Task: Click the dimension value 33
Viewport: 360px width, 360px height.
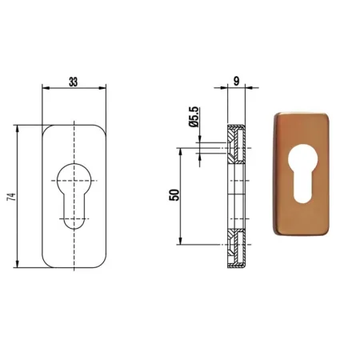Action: [x=74, y=82]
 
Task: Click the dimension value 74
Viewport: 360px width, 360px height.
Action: [x=12, y=197]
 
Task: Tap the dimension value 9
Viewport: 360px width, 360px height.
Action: [x=236, y=81]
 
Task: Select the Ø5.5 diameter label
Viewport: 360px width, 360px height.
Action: [x=194, y=117]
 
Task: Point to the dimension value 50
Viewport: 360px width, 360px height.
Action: [x=174, y=194]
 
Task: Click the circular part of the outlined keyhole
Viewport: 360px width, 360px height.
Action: [x=74, y=163]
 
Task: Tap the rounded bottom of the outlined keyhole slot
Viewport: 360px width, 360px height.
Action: [x=74, y=228]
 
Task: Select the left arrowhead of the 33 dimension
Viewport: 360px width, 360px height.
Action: [x=46, y=88]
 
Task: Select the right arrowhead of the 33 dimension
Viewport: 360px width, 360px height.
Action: [x=102, y=88]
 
